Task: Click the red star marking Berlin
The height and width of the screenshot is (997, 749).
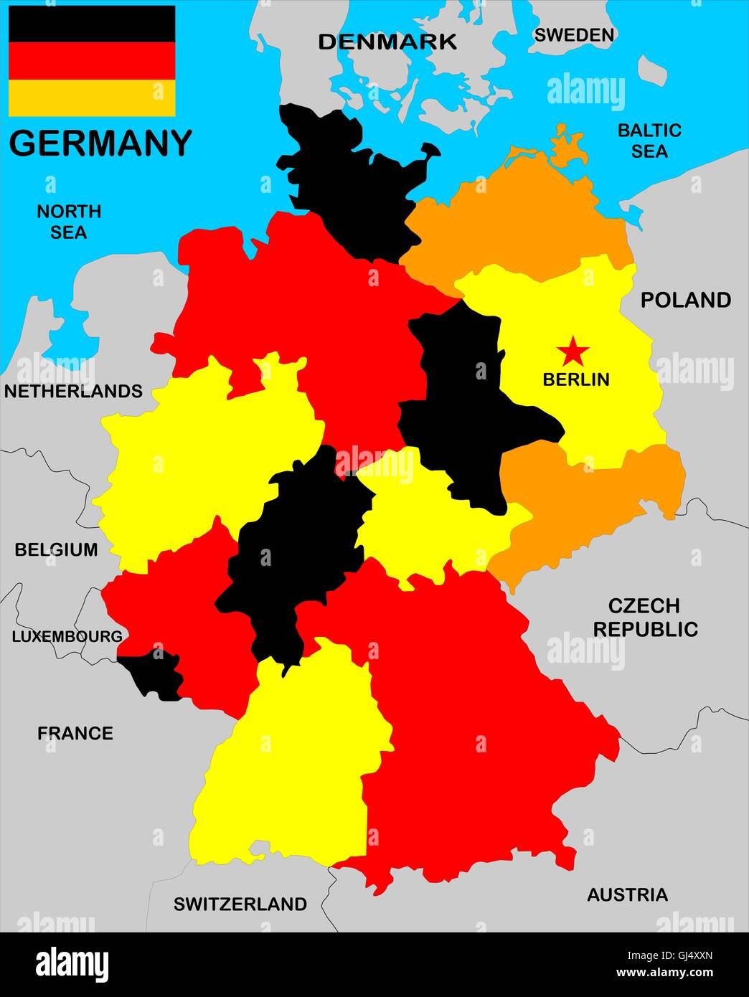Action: point(573,351)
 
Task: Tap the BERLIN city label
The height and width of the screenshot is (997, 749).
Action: point(575,379)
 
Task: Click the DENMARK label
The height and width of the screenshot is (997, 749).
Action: point(387,42)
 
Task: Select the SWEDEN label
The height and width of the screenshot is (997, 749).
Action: point(574,34)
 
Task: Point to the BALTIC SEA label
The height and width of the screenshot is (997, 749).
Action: point(649,141)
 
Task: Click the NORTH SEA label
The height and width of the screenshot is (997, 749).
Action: point(69,222)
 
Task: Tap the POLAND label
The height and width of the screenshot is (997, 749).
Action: point(685,300)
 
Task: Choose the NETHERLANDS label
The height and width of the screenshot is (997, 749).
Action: point(73,391)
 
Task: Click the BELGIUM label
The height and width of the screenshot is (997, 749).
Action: point(56,549)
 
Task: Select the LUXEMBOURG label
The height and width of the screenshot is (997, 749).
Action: point(67,636)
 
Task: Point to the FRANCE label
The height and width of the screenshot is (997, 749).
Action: point(75,733)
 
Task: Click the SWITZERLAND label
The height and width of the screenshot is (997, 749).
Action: point(240,904)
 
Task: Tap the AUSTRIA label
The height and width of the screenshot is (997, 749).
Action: point(627,894)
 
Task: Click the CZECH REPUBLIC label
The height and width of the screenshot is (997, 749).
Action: point(645,618)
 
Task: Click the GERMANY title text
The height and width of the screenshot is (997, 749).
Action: point(100,143)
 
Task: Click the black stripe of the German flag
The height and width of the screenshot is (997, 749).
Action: point(92,24)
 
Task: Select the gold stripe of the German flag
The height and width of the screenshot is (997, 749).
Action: point(92,98)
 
